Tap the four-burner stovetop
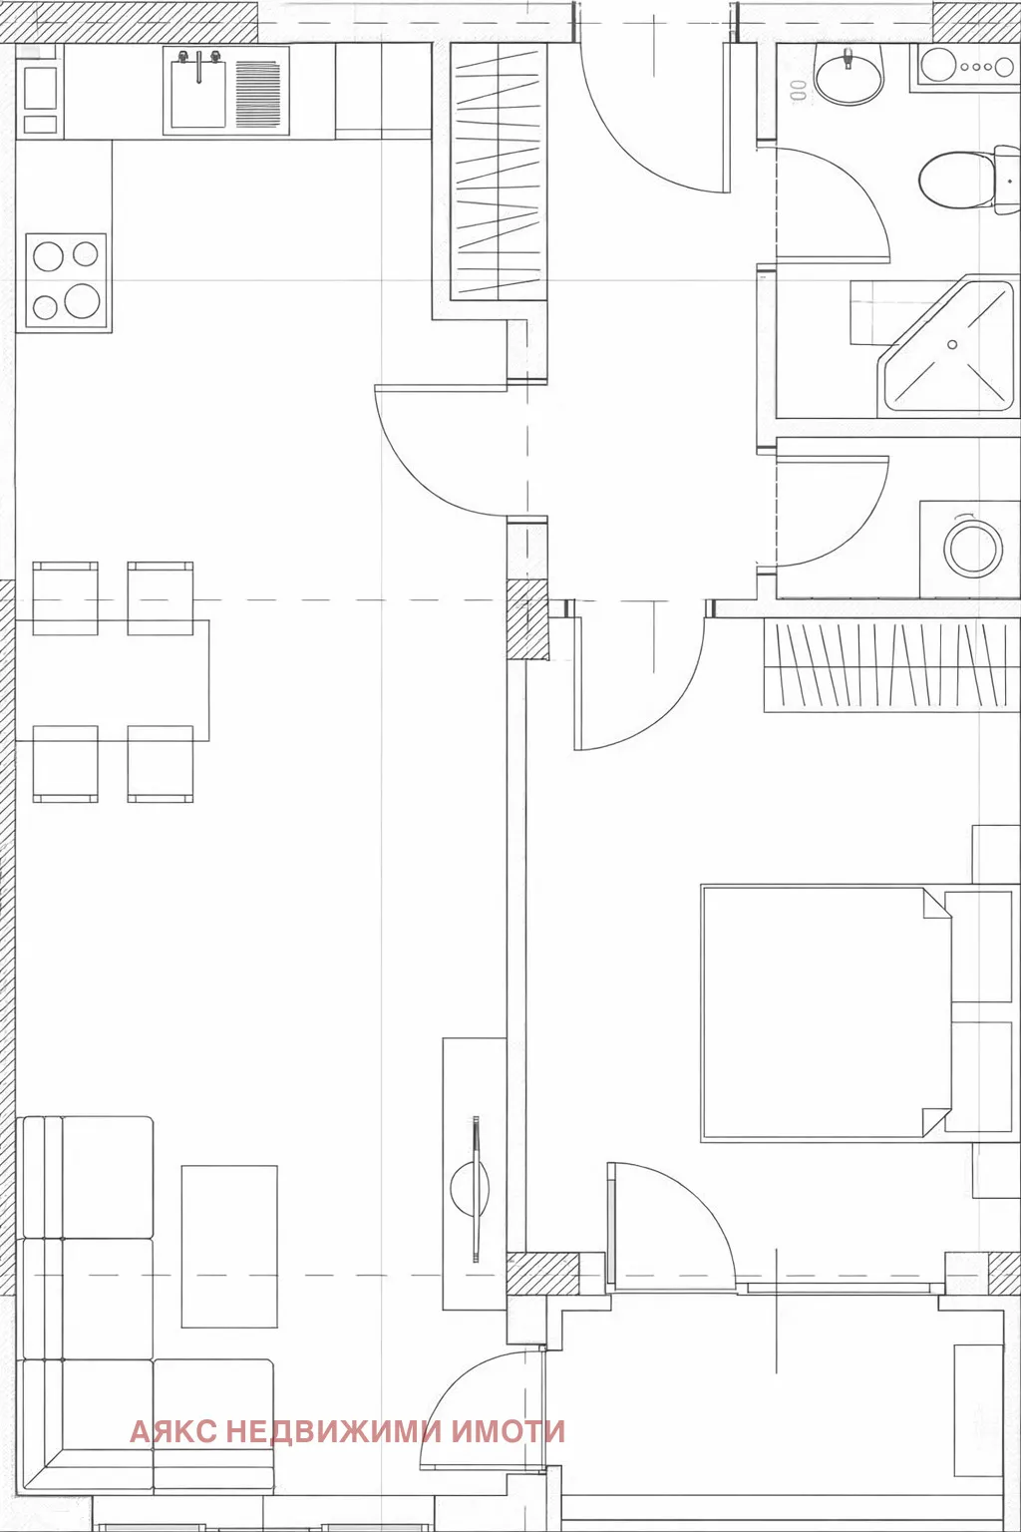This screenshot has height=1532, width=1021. pyautogui.click(x=66, y=280)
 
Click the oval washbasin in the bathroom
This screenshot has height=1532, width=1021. pyautogui.click(x=849, y=75)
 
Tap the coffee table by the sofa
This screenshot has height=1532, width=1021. pyautogui.click(x=229, y=1246)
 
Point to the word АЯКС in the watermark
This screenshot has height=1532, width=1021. pyautogui.click(x=172, y=1432)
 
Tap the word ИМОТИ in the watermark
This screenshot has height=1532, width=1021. pyautogui.click(x=509, y=1432)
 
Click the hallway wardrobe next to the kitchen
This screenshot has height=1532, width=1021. pyautogui.click(x=498, y=172)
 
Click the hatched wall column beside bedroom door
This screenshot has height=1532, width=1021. pyautogui.click(x=528, y=620)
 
